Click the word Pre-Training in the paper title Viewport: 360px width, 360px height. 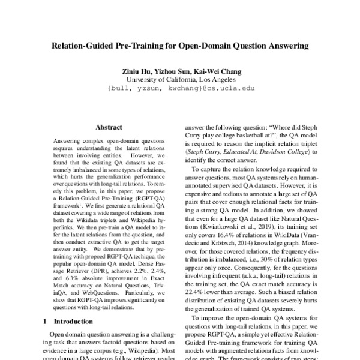click(142, 45)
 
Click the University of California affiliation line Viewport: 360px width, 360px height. click(181, 79)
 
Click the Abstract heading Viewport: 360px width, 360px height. click(109, 127)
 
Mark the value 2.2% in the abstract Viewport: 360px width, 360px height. click(137, 271)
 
